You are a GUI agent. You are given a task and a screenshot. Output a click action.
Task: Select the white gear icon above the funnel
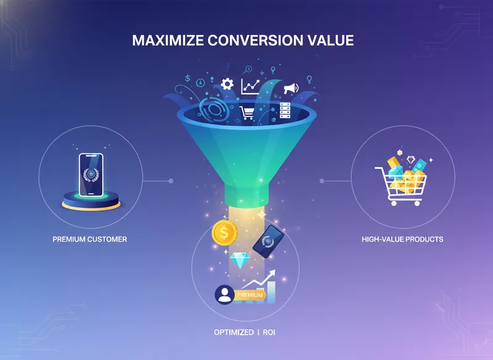point(227,84)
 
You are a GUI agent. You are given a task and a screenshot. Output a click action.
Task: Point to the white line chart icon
point(250,86)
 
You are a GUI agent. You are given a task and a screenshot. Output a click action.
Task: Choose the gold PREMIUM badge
point(250,295)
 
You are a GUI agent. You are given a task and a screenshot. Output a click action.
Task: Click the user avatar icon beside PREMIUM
point(224,295)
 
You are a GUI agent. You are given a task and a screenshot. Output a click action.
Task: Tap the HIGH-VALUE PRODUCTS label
point(402,239)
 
